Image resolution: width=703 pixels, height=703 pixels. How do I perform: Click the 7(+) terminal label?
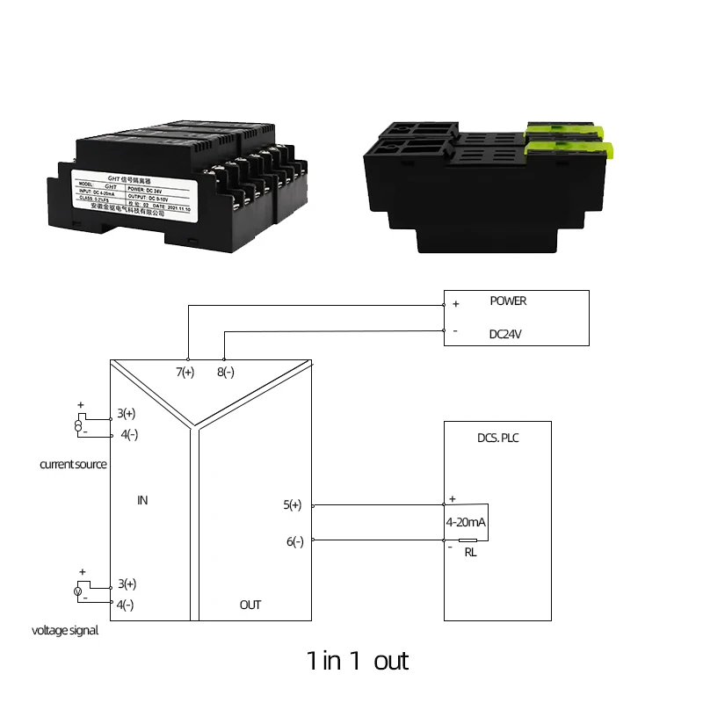pyautogui.click(x=185, y=373)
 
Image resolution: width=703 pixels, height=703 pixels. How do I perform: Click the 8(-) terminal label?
pyautogui.click(x=225, y=373)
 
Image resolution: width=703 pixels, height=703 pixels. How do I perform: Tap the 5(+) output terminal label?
pyautogui.click(x=293, y=505)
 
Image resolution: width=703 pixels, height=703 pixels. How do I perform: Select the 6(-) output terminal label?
pyautogui.click(x=294, y=541)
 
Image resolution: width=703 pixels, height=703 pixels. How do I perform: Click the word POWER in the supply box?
pyautogui.click(x=508, y=301)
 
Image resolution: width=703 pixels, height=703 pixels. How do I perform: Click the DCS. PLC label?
pyautogui.click(x=496, y=437)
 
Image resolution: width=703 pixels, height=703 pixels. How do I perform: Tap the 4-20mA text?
pyautogui.click(x=467, y=522)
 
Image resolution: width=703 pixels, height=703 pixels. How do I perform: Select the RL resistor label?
pyautogui.click(x=470, y=553)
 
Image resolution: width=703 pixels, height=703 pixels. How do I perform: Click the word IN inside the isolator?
pyautogui.click(x=142, y=500)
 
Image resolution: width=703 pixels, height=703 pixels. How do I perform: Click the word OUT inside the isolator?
pyautogui.click(x=250, y=605)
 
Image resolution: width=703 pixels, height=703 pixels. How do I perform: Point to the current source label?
pyautogui.click(x=73, y=464)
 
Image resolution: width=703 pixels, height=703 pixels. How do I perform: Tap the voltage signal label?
pyautogui.click(x=65, y=630)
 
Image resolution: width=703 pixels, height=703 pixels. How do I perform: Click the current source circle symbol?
pyautogui.click(x=78, y=426)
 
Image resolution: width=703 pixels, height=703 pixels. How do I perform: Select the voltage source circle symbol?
pyautogui.click(x=78, y=592)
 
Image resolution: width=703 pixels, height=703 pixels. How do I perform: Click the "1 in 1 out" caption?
pyautogui.click(x=358, y=660)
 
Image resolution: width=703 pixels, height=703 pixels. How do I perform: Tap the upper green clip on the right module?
pyautogui.click(x=562, y=132)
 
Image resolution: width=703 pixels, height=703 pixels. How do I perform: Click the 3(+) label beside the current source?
pyautogui.click(x=127, y=413)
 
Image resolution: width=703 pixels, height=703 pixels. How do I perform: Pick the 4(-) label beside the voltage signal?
pyautogui.click(x=125, y=605)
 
